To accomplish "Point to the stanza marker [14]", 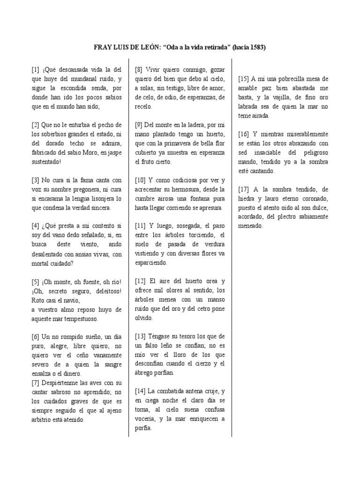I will [140, 391].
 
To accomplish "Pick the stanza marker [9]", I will [139, 125].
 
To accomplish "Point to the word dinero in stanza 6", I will [70, 373].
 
